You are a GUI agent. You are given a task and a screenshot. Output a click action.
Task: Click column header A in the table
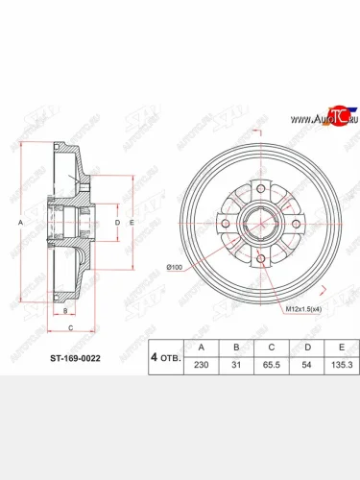200,348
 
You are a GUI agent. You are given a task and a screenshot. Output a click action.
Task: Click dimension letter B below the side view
65,311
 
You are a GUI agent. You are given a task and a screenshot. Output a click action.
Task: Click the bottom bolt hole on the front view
259,257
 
